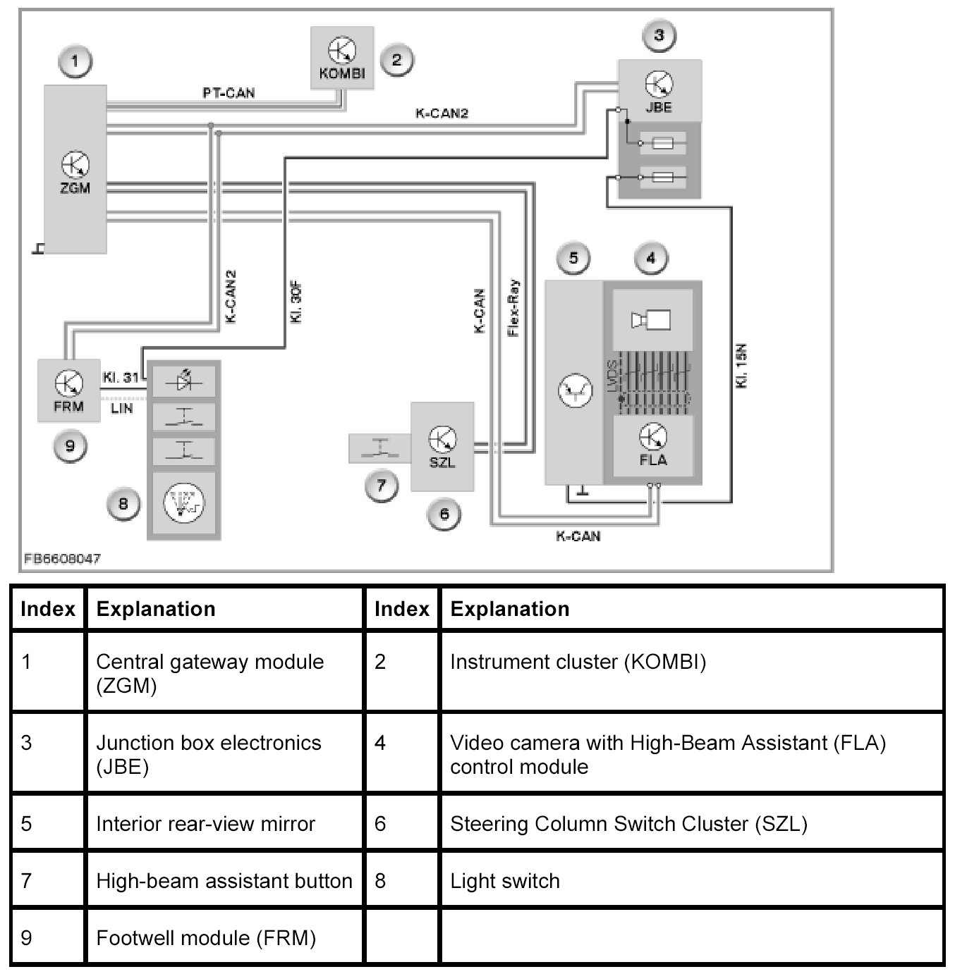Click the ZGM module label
[75, 188]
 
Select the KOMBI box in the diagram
[342, 58]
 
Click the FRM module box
[68, 390]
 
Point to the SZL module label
[442, 462]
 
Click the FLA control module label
[653, 460]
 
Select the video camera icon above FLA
[651, 320]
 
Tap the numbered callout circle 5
[573, 258]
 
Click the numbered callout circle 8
[123, 503]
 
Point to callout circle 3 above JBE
[659, 35]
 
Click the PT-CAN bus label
[229, 93]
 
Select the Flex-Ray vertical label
[513, 307]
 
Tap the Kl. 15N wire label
[741, 366]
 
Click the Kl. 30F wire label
[296, 302]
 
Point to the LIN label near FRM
[121, 408]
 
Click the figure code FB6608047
[62, 558]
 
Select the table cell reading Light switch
[505, 881]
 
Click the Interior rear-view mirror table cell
[205, 824]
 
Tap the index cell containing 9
[27, 937]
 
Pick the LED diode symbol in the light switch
[183, 381]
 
